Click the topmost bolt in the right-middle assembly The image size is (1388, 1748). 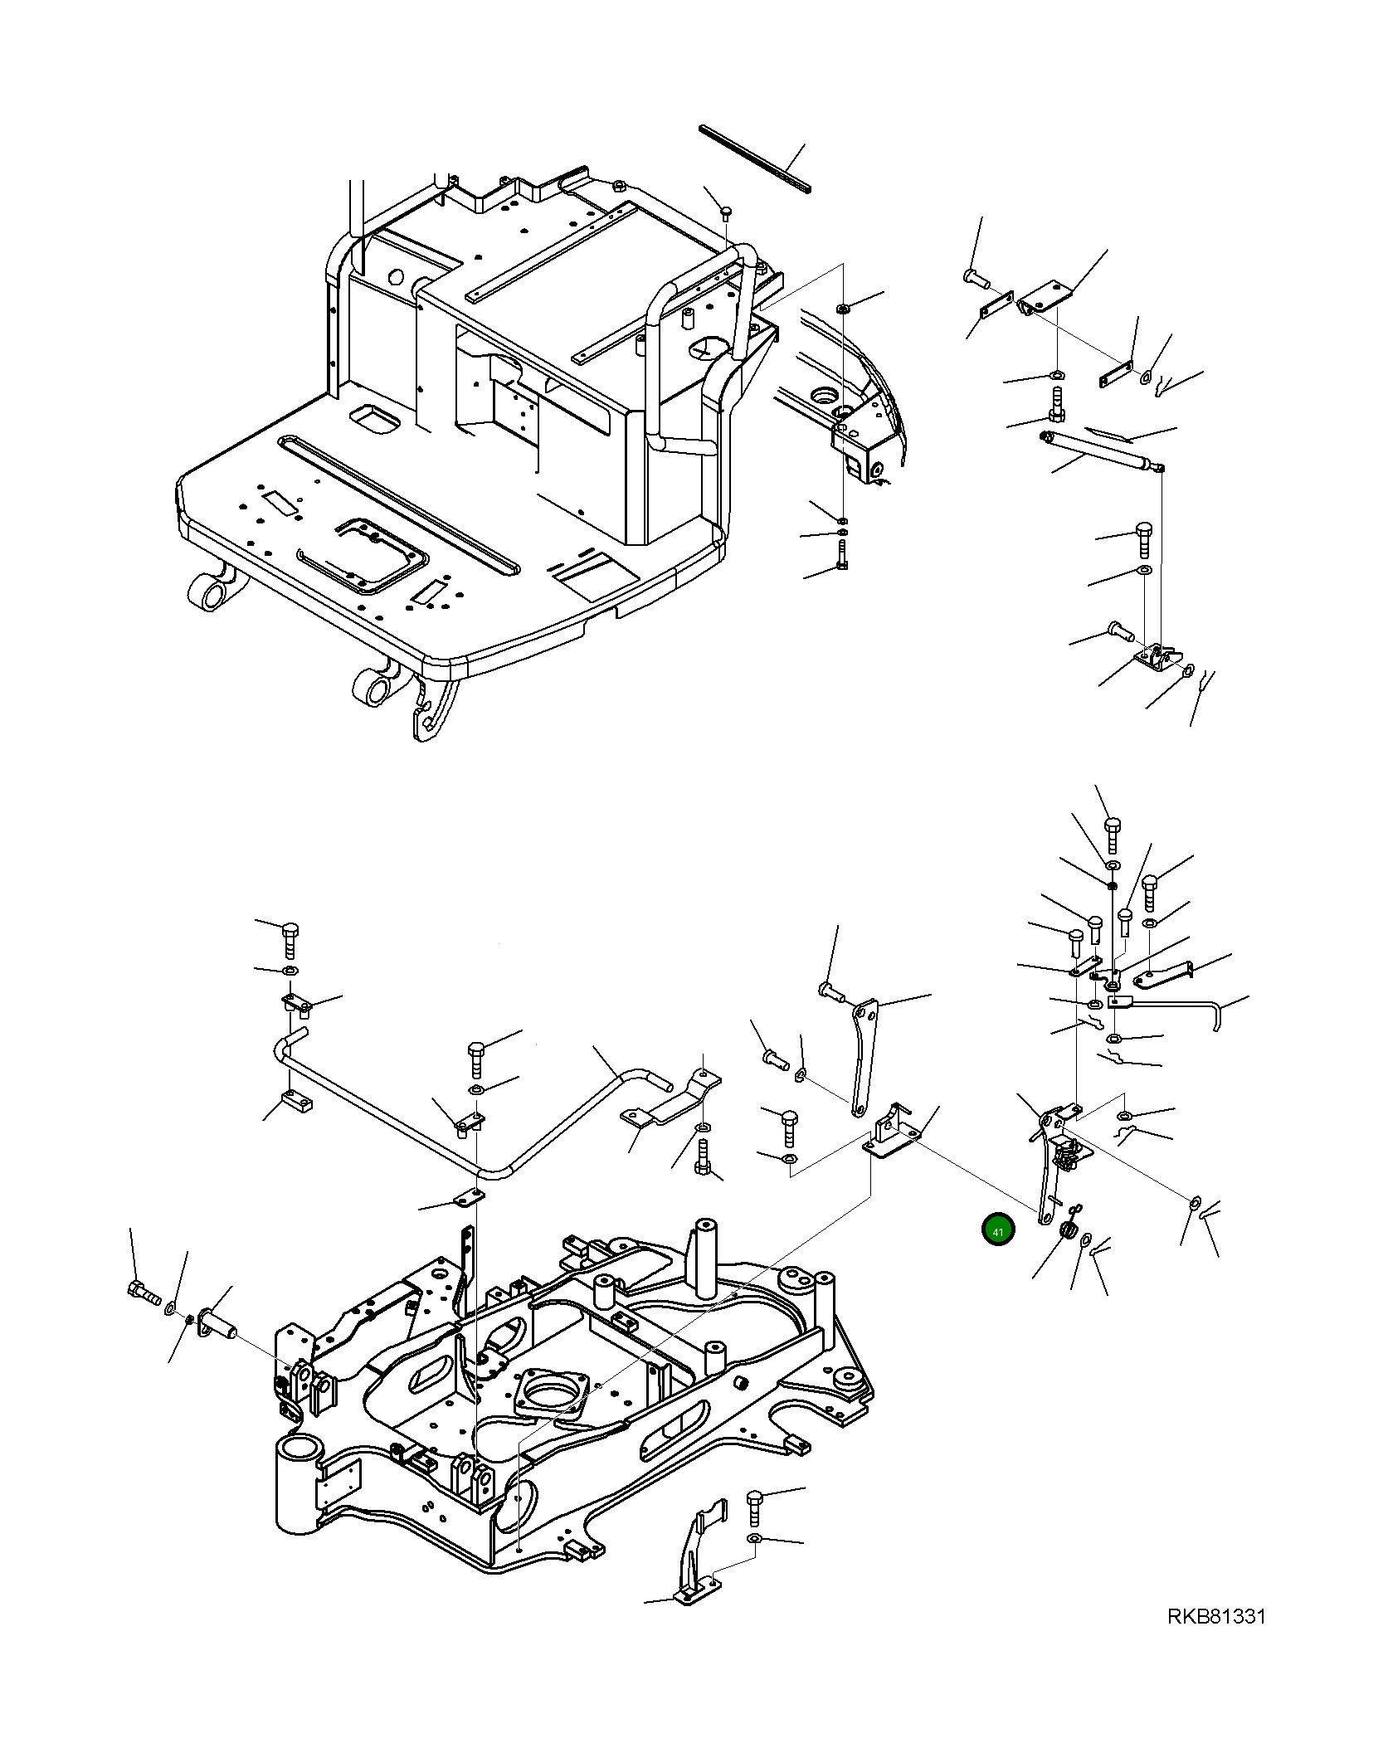coord(1112,830)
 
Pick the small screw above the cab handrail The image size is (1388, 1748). coord(726,212)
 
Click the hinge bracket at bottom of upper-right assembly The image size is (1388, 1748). coord(1153,660)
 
